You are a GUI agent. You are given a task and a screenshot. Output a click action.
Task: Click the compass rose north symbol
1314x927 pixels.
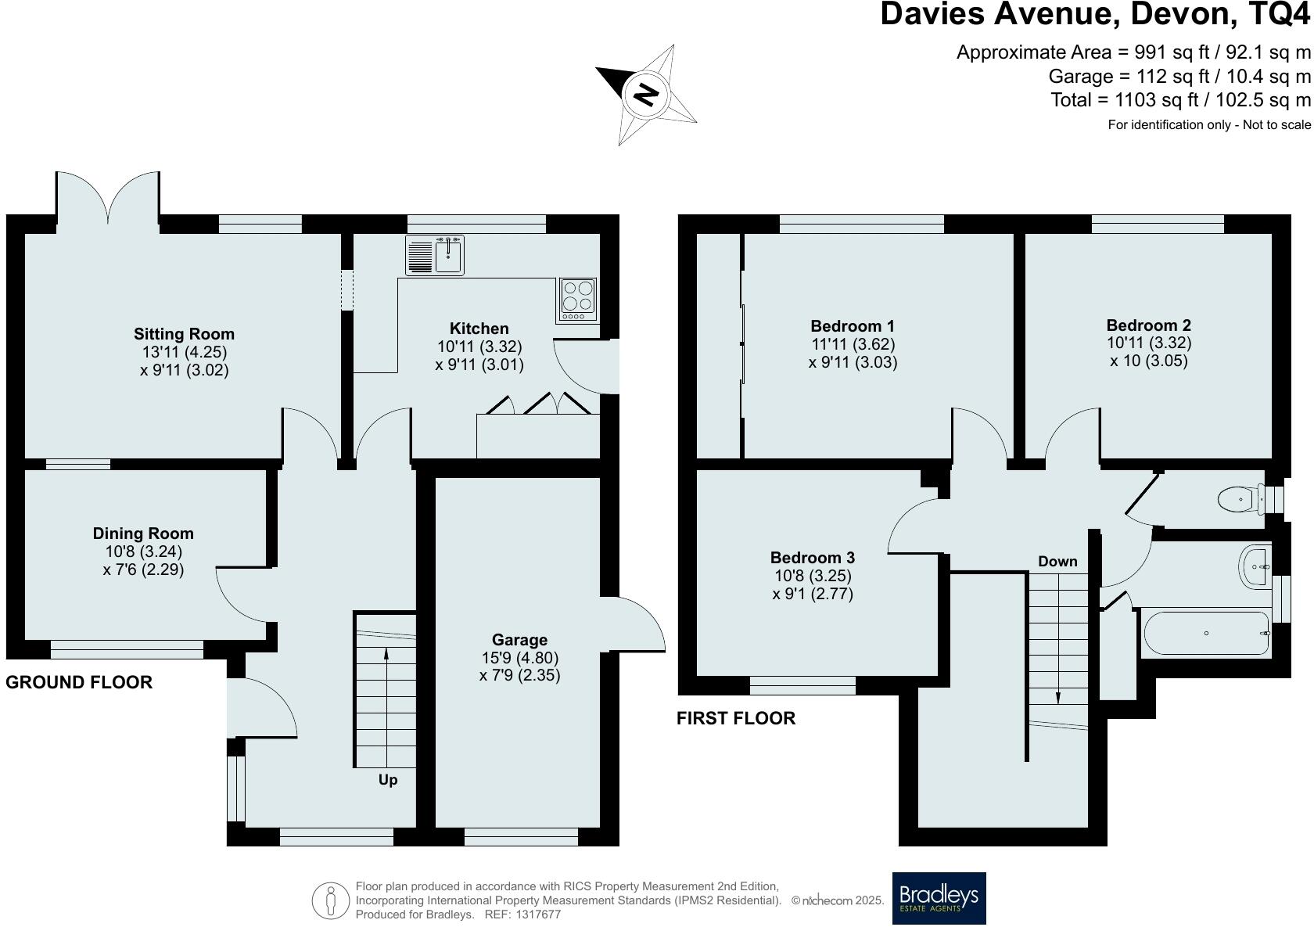pos(646,95)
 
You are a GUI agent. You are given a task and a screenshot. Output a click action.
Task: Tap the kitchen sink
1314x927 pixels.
pos(435,255)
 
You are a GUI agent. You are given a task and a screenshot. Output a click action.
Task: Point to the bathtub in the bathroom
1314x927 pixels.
pos(1205,633)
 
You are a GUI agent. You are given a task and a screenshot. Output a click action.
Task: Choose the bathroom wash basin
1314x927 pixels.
pos(1255,566)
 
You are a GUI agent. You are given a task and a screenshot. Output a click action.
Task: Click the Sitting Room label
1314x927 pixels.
pos(184,334)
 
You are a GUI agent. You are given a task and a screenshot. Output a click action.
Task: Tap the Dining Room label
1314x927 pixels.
pos(143,534)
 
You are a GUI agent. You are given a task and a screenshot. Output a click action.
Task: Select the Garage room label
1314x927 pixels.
pos(519,640)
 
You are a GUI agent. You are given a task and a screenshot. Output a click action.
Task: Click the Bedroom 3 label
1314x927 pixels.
pos(812,558)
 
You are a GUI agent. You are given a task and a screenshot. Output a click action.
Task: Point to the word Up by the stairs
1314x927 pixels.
pos(388,780)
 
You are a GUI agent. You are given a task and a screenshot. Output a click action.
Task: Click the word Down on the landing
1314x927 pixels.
pos(1057,561)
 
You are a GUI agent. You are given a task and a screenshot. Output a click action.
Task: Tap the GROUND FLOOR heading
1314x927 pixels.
pos(79,682)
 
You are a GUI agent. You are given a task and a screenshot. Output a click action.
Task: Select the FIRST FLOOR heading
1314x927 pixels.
pos(735,718)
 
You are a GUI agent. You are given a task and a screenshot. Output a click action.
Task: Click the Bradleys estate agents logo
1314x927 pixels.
pos(939,898)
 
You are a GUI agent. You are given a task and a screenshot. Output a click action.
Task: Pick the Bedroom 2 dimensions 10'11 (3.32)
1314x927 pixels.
pos(1148,343)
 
